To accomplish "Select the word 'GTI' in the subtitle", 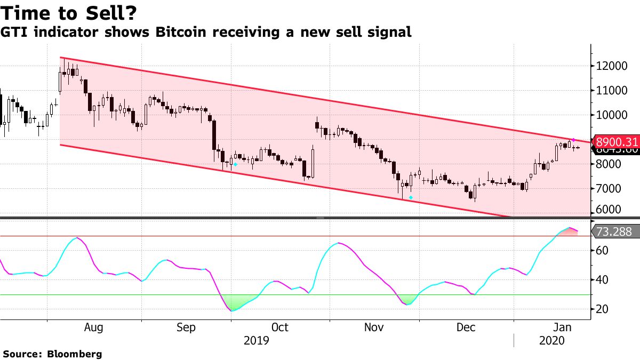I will [14, 33].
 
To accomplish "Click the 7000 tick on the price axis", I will [611, 189].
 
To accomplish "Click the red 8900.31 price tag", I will [617, 142].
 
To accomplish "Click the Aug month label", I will [94, 327].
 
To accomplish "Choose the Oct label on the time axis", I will [279, 327].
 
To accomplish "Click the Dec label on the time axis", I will [467, 327].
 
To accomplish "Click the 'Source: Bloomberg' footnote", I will [52, 354].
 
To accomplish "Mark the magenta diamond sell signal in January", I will [573, 140].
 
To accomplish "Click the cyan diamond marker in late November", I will [411, 198].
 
